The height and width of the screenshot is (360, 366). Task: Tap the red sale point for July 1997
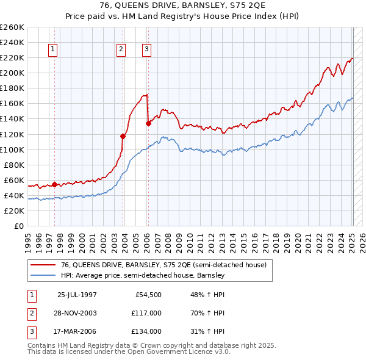click(54, 184)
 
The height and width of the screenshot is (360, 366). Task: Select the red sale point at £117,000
click(123, 136)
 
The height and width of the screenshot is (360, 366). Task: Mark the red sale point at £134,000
click(148, 123)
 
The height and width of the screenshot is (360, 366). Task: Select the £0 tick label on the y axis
click(18, 226)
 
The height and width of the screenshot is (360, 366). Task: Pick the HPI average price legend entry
click(143, 275)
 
